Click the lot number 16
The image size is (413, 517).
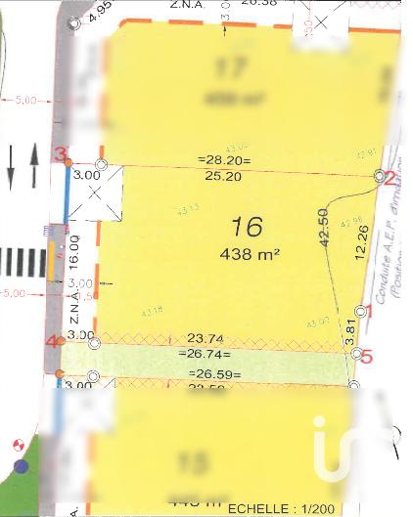247,227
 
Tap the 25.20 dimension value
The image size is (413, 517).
223,177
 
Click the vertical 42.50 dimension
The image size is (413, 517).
324,231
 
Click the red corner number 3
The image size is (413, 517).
61,154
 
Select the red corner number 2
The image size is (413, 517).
390,177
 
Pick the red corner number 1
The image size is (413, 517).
369,312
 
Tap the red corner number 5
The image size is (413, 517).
367,357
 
